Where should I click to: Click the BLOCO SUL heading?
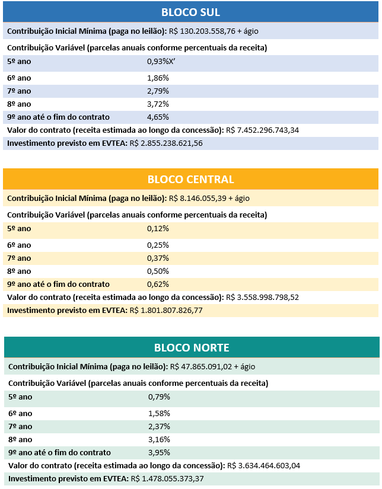[x=191, y=12]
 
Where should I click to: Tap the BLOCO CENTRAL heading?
[x=191, y=179]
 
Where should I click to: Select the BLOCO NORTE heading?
[x=192, y=347]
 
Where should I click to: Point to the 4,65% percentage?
[x=158, y=117]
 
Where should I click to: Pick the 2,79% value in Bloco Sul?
[x=158, y=91]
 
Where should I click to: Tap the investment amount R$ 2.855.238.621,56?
[x=166, y=143]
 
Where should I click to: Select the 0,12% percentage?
[x=158, y=228]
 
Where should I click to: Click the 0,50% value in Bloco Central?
[x=158, y=271]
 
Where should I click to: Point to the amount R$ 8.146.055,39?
[x=196, y=198]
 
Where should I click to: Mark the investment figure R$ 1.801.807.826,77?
[x=166, y=310]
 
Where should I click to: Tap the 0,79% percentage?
[x=160, y=397]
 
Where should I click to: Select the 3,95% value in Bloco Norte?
[x=160, y=452]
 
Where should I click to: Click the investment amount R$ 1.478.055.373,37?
[x=167, y=478]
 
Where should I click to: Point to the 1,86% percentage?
[x=158, y=78]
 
